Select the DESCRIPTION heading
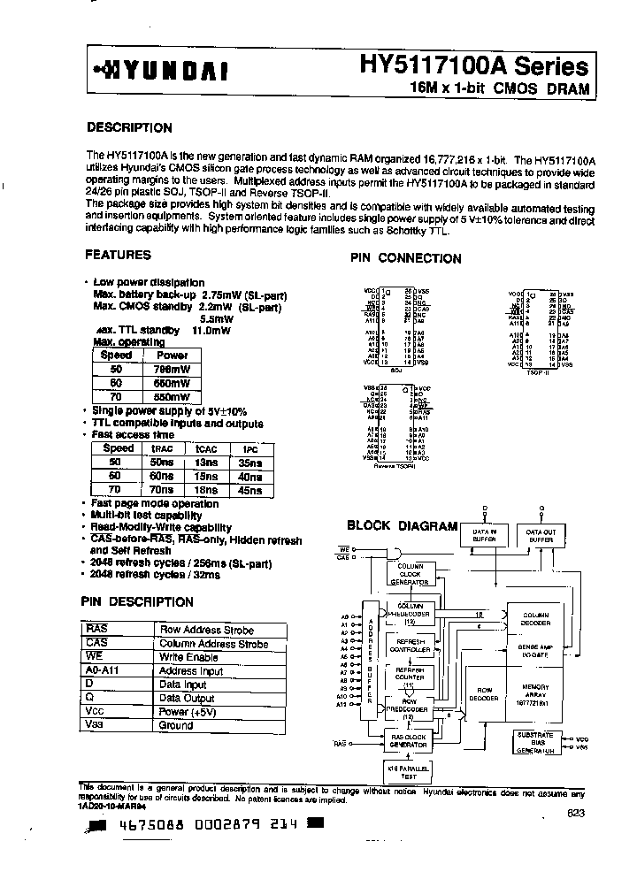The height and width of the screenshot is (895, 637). [129, 127]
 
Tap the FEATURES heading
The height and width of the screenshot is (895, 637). [118, 255]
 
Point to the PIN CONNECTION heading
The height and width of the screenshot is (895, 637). [406, 258]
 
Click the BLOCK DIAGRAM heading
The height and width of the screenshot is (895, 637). [402, 525]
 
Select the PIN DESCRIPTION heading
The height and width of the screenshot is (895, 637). [137, 602]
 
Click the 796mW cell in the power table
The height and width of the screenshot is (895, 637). [173, 369]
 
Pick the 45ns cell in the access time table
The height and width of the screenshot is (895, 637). [249, 490]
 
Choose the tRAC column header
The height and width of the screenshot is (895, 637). [162, 447]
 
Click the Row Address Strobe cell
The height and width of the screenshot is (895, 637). [205, 630]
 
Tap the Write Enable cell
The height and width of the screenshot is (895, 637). [188, 657]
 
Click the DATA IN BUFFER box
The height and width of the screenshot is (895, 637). [483, 534]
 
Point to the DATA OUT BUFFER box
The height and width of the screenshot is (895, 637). [541, 534]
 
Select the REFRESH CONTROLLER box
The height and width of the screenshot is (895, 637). [411, 645]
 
